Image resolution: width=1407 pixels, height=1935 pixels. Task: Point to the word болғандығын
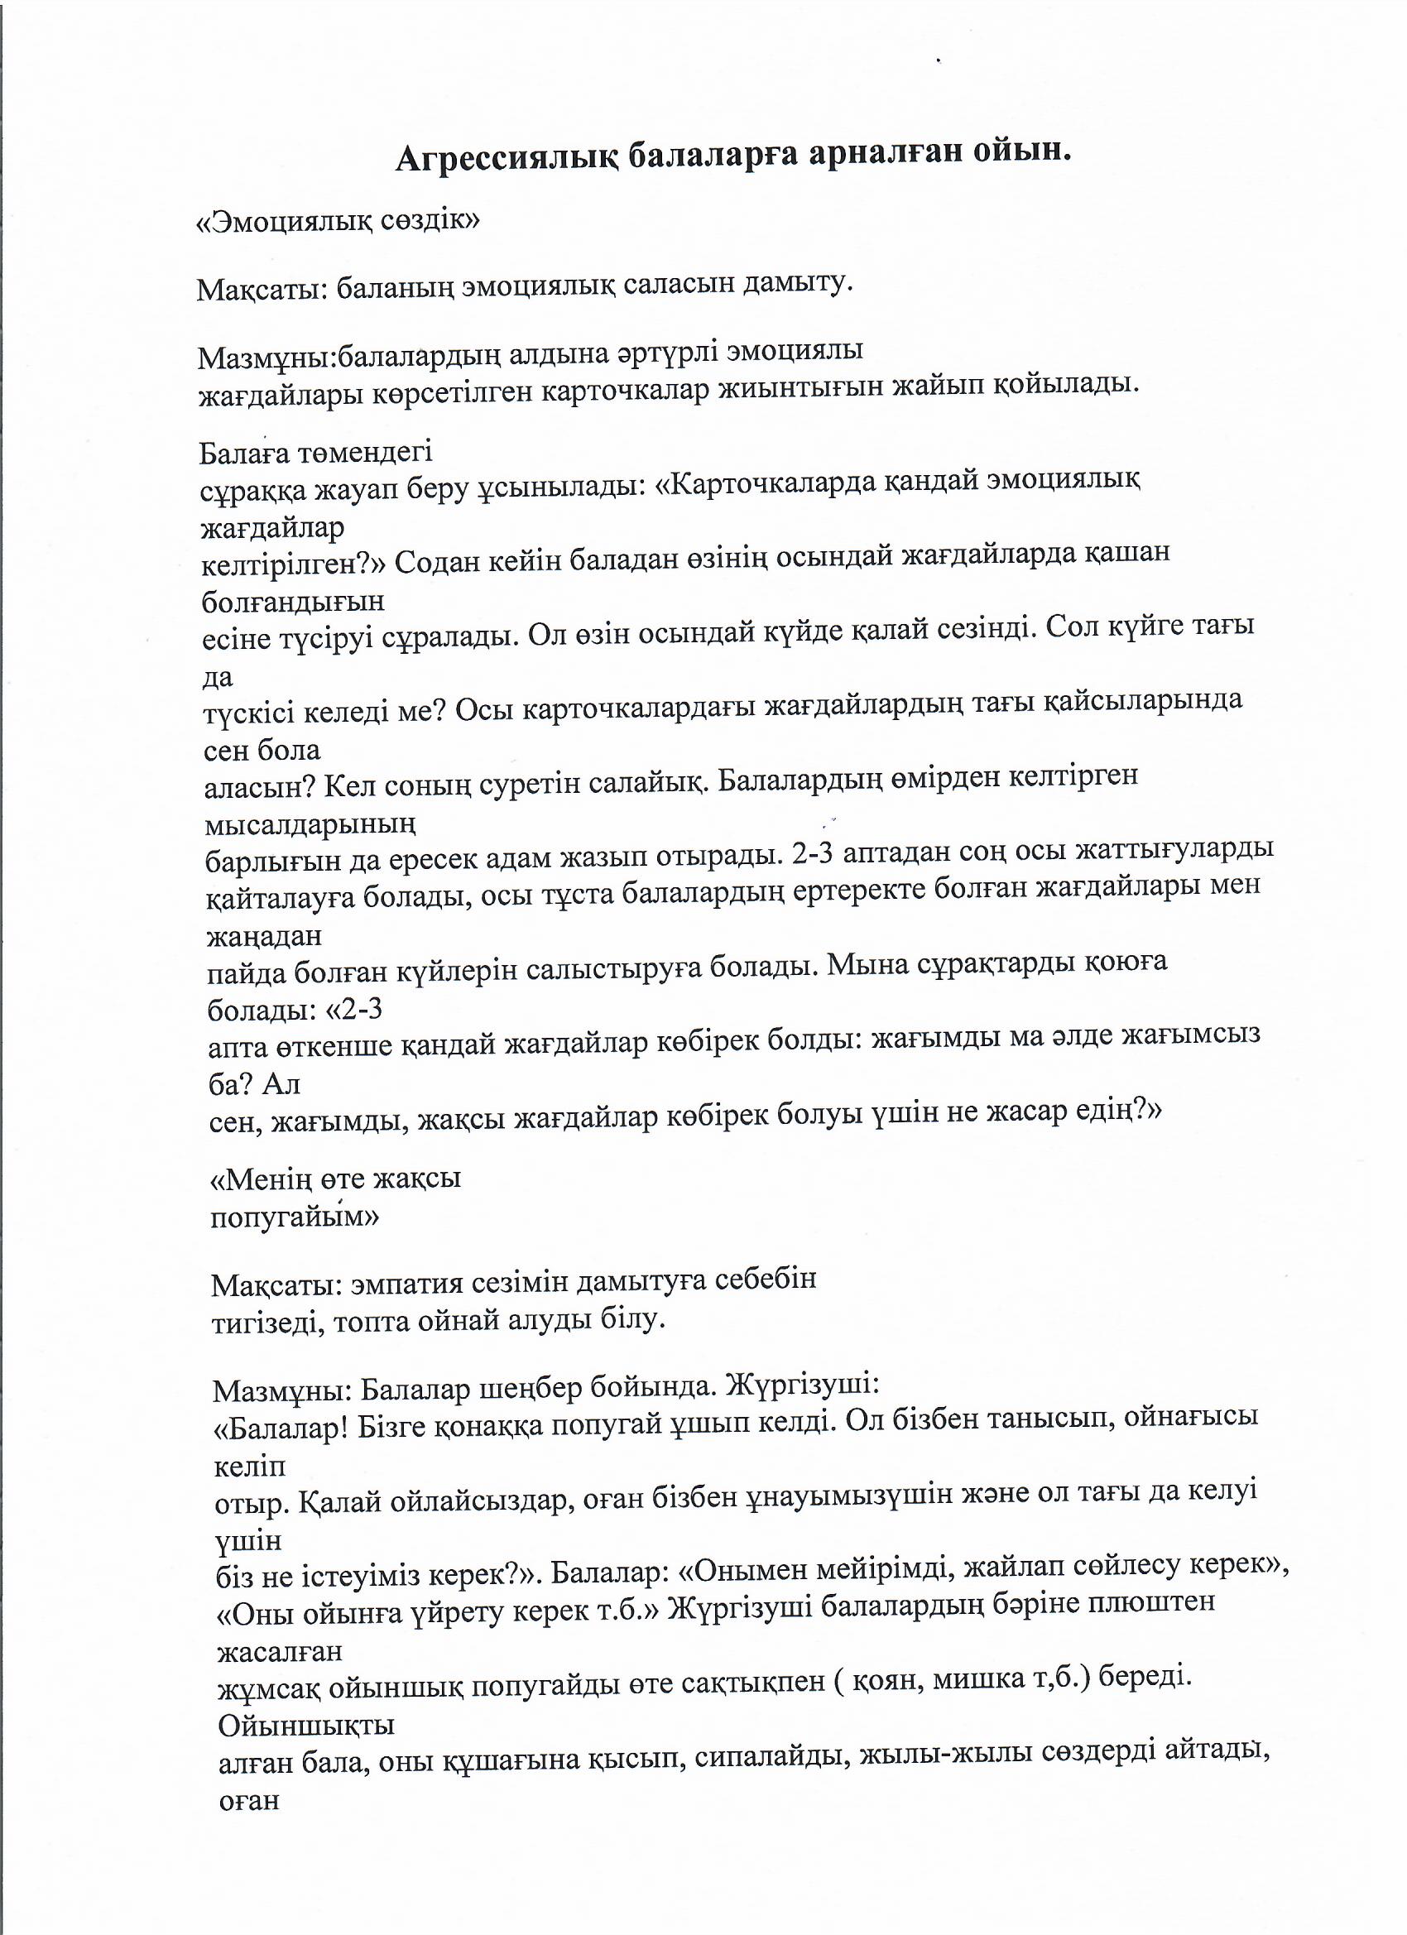294,603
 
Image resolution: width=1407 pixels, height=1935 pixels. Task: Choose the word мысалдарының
310,825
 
